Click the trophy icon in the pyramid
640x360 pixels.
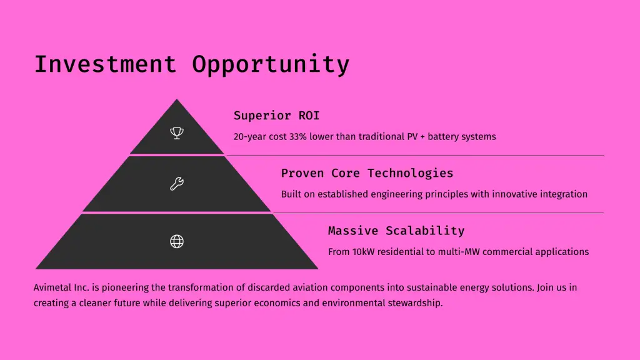coord(177,132)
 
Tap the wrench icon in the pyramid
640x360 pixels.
coord(177,184)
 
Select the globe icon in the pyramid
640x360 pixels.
coord(177,241)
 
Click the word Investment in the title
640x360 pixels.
coord(105,64)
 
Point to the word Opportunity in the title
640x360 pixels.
coord(271,65)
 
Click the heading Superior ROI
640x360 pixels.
coord(276,116)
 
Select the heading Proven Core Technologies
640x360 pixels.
coord(367,173)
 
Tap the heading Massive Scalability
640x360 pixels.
coord(396,231)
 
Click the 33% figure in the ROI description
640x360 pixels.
coord(297,136)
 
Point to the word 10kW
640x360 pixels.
coord(363,251)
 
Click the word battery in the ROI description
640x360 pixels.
coord(443,137)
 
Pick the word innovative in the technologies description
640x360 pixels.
coord(514,194)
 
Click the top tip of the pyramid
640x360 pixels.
coord(177,99)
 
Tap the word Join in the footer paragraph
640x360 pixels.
coord(545,287)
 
